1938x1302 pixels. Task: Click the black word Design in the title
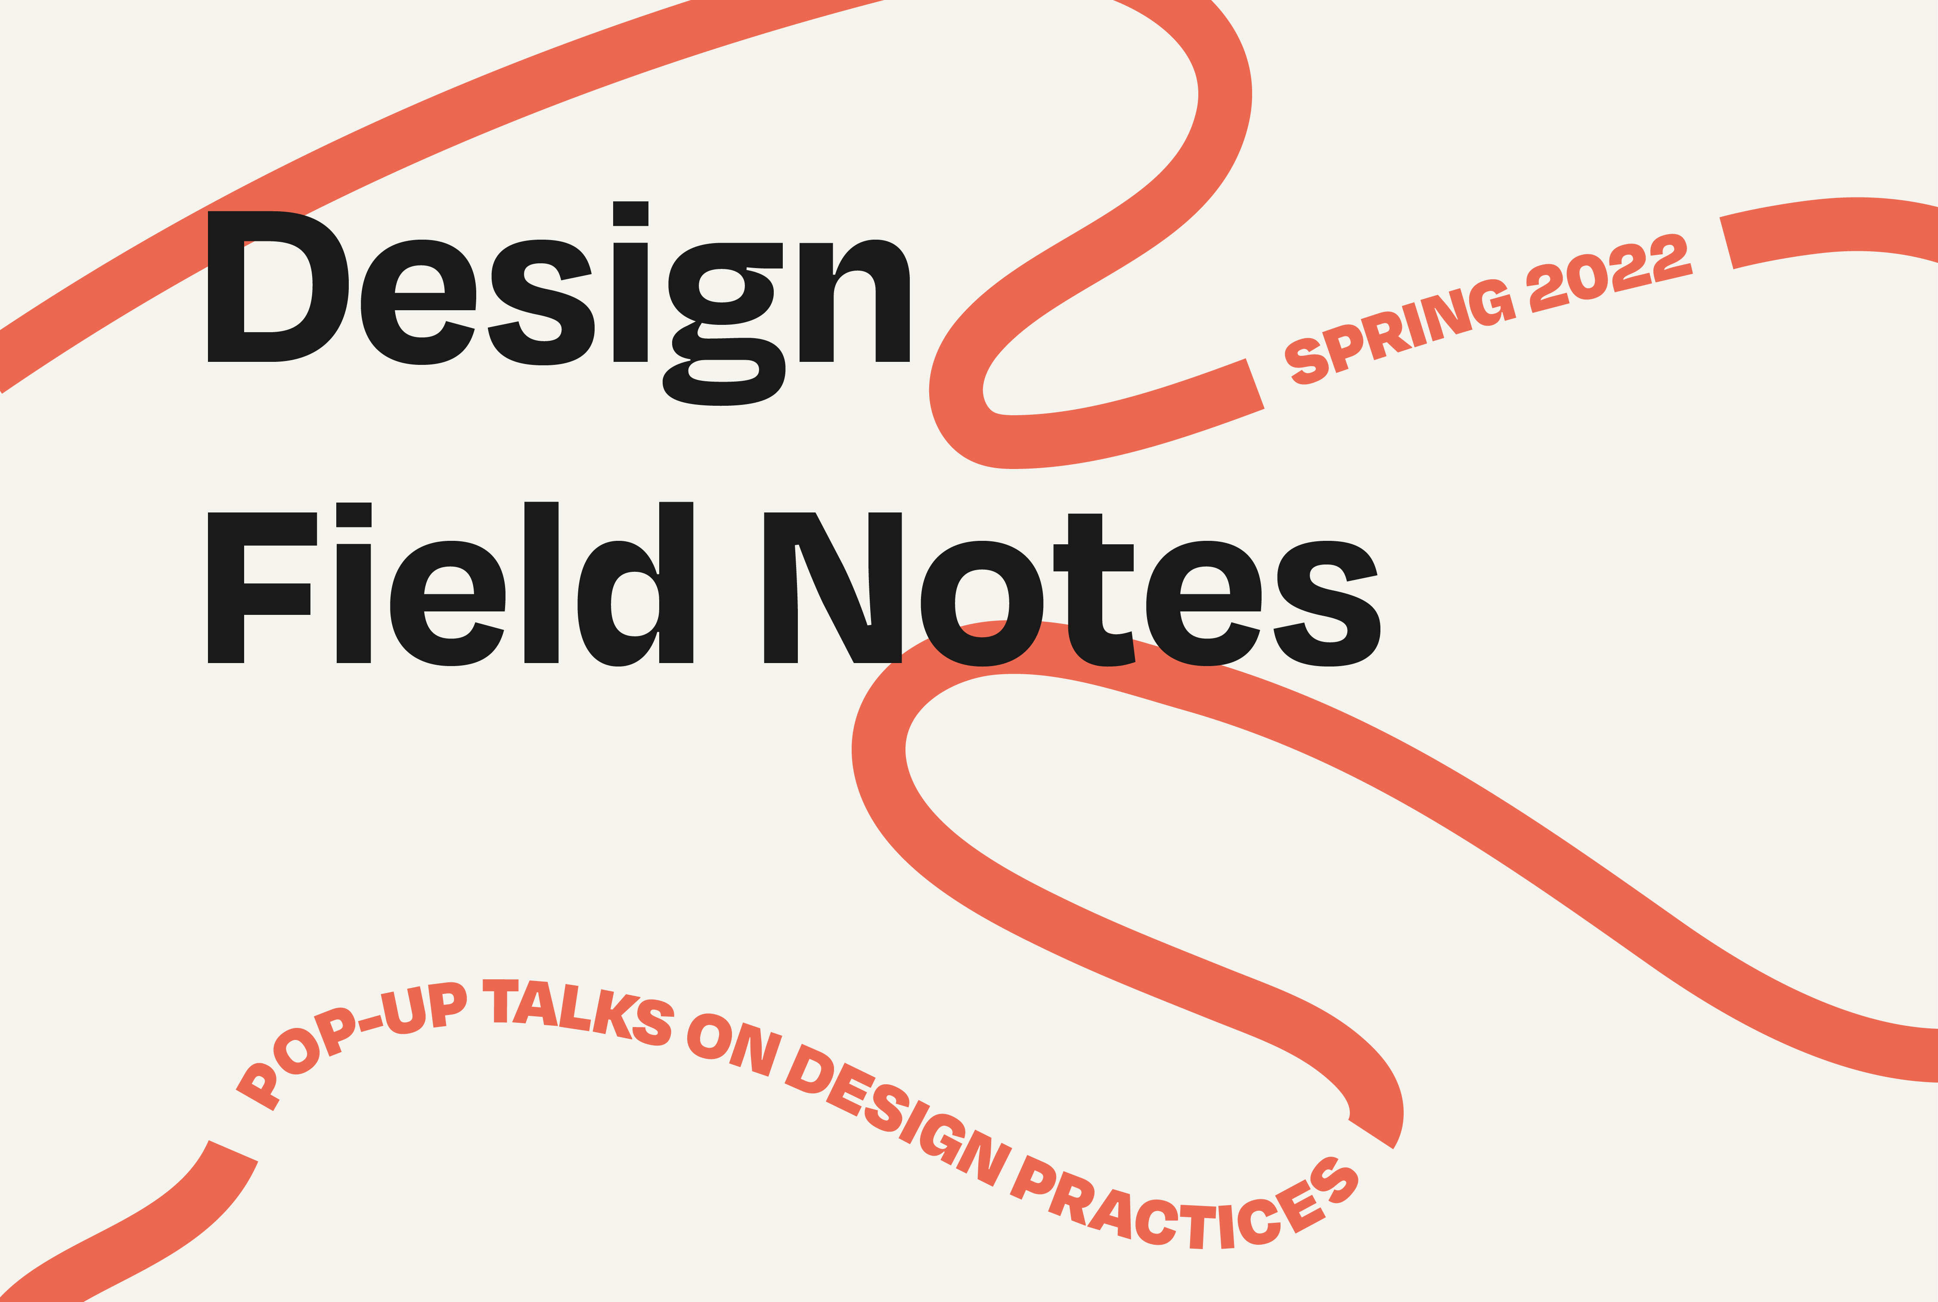[558, 303]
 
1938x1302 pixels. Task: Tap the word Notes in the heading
[1072, 589]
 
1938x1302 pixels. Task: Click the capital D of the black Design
[277, 287]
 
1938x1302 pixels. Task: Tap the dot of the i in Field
[354, 515]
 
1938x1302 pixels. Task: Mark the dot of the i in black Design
[630, 213]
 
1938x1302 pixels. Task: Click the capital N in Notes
[832, 588]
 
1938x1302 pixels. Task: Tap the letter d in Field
[636, 584]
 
